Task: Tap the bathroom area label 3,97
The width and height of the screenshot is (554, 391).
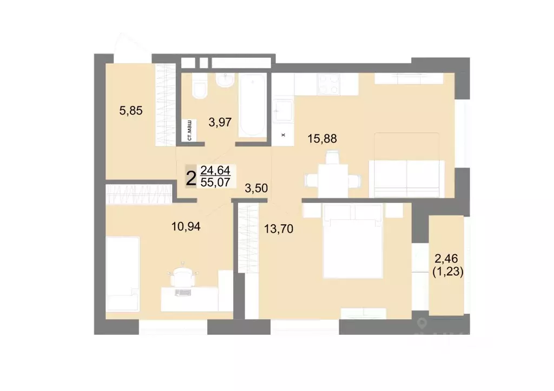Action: click(221, 122)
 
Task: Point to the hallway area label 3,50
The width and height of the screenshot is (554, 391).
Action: click(257, 188)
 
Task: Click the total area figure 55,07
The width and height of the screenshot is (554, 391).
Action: click(215, 182)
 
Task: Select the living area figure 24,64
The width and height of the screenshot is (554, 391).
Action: click(215, 171)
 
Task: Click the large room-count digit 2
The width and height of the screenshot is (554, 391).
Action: click(191, 177)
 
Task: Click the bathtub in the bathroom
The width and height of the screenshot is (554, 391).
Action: click(253, 104)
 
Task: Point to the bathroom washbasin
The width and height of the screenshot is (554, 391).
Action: click(223, 81)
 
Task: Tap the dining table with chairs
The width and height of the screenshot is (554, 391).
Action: click(331, 176)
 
